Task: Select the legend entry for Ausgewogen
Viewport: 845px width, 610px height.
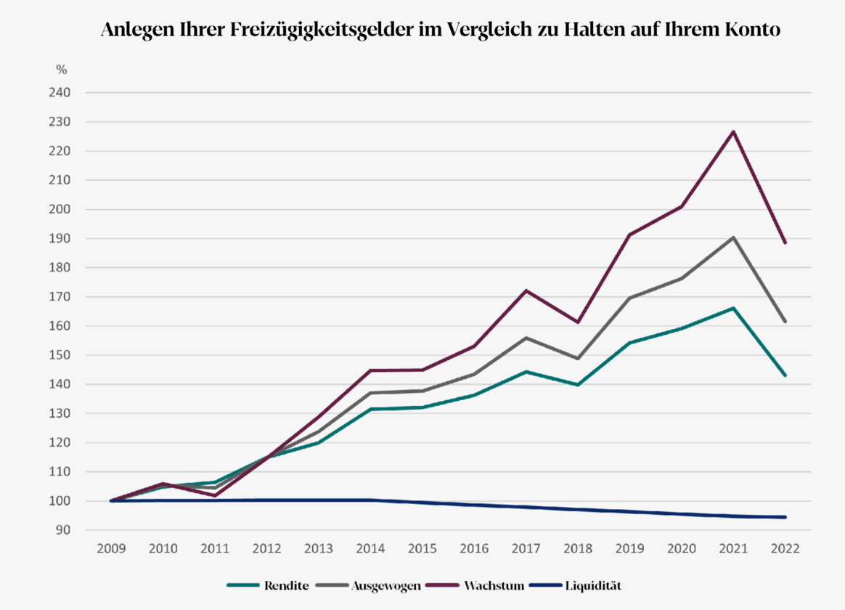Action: click(385, 584)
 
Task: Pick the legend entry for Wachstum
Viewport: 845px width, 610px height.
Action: click(494, 584)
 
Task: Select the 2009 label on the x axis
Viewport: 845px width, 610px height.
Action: click(111, 549)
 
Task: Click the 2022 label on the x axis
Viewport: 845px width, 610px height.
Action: click(785, 549)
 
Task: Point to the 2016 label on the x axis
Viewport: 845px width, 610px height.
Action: click(474, 549)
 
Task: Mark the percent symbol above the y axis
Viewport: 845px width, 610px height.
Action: click(62, 70)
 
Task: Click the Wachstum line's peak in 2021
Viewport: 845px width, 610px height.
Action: click(733, 131)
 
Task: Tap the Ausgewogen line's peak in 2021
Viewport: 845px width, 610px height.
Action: click(733, 237)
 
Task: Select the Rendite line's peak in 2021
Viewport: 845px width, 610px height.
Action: click(733, 308)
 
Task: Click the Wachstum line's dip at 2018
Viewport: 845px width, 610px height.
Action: click(578, 322)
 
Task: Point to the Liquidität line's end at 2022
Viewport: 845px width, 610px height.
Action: click(785, 517)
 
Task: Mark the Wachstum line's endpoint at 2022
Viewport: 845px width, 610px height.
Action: click(785, 243)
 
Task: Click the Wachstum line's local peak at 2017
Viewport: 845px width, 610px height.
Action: click(526, 290)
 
